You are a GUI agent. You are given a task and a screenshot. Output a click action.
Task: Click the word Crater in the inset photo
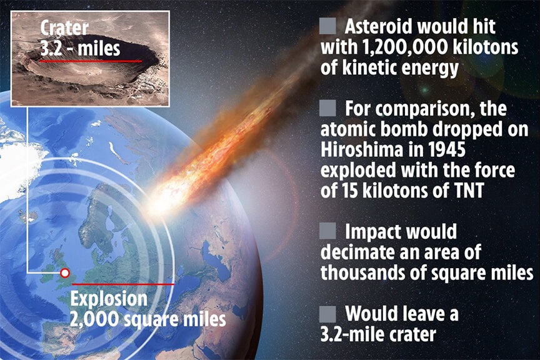pyautogui.click(x=64, y=28)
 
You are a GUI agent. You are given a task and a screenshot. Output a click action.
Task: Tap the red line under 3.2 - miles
pyautogui.click(x=91, y=61)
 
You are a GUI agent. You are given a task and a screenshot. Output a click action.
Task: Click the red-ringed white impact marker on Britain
pyautogui.click(x=65, y=273)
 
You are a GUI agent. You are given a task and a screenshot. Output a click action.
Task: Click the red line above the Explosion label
pyautogui.click(x=123, y=284)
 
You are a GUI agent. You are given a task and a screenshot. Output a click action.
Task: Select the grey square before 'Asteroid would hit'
pyautogui.click(x=327, y=26)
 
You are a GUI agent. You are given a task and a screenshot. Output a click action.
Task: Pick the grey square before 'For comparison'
pyautogui.click(x=327, y=108)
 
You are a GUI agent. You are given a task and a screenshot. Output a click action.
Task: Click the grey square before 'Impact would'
pyautogui.click(x=327, y=231)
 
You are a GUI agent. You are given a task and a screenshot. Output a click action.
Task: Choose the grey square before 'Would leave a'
pyautogui.click(x=327, y=314)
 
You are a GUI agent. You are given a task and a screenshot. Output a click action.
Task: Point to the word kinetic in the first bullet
pyautogui.click(x=376, y=67)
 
